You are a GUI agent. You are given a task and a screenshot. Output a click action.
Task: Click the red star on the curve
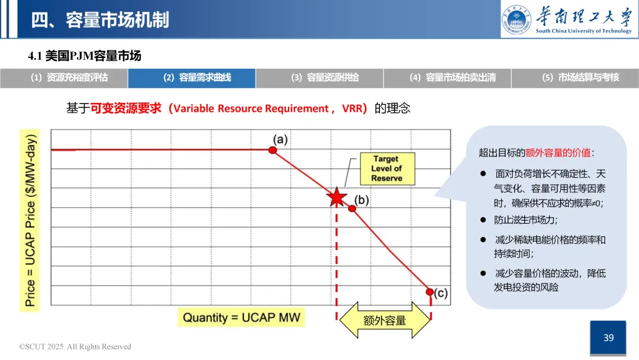337,197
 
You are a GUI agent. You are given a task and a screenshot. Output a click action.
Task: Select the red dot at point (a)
273,150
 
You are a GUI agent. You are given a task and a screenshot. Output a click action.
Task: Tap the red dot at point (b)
352,208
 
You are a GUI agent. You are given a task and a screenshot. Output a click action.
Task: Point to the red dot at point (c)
430,291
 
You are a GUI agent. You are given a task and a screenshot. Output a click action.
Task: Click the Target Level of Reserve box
387,168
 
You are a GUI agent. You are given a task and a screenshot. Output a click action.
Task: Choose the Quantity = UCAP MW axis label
241,317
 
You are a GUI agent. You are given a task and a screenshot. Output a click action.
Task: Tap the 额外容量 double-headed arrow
385,320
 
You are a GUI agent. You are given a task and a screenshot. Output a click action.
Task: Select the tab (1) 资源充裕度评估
64,78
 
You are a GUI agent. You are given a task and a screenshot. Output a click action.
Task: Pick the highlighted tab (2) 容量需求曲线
192,78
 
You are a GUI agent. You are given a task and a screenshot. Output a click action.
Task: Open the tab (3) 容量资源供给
319,78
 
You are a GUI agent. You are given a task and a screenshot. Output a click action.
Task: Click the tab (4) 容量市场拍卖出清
447,78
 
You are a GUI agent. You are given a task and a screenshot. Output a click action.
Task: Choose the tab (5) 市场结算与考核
575,78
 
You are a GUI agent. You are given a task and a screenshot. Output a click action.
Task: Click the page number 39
609,338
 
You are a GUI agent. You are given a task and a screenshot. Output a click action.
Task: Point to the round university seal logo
517,20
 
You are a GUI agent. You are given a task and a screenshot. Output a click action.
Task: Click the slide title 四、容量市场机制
100,20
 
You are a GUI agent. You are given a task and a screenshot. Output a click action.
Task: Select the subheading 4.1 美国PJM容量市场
85,56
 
